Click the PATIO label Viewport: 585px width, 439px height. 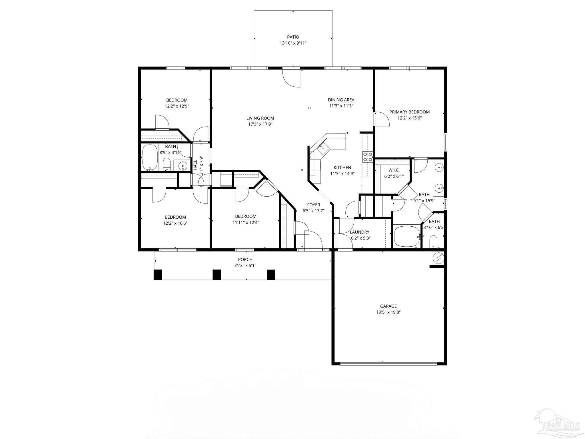click(293, 37)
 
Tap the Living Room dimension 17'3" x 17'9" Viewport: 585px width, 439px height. click(260, 124)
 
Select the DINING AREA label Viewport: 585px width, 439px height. click(341, 100)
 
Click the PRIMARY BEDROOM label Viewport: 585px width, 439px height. click(410, 112)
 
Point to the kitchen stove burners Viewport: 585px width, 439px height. click(368, 157)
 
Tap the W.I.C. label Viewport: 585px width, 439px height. click(394, 170)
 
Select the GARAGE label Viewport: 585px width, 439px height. click(388, 306)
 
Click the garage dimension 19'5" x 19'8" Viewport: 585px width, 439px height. click(388, 312)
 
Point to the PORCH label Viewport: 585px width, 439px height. click(245, 260)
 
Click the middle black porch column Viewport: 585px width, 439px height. click(217, 275)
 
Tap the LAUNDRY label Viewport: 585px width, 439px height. click(359, 232)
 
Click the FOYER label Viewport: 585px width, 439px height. click(313, 205)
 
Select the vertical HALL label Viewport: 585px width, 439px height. click(195, 165)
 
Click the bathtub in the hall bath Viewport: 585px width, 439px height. click(150, 157)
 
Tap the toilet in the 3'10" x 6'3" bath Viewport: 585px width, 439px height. click(434, 242)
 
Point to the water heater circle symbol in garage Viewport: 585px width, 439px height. click(438, 258)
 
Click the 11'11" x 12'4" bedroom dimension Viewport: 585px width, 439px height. click(246, 222)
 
